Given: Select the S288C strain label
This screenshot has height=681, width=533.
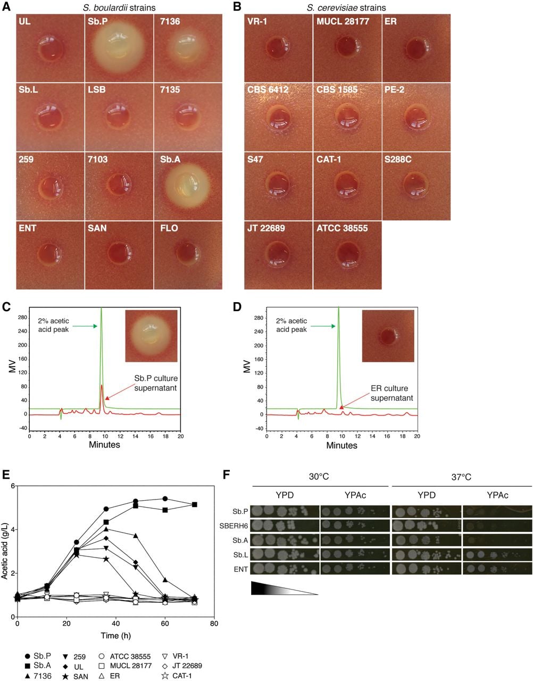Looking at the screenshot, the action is [x=398, y=159].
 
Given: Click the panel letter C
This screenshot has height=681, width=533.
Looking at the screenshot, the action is [x=6, y=307].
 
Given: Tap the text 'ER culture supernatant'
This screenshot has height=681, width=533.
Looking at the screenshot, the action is [x=392, y=393].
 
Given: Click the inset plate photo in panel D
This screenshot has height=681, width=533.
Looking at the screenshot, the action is [x=388, y=336].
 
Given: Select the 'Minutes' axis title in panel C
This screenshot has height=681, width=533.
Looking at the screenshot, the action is [x=104, y=445].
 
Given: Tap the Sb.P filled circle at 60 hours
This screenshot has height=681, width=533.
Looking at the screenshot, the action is [x=165, y=499].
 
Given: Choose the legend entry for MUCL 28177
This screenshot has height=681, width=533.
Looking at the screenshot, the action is [x=125, y=666].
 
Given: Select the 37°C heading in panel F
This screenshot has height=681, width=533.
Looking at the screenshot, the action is [x=461, y=477].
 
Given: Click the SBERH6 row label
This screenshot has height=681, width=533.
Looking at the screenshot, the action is [x=234, y=526].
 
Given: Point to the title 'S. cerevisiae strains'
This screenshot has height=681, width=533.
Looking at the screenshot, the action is [x=346, y=7].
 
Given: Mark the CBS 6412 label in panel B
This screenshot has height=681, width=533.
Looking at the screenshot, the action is [x=268, y=89].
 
